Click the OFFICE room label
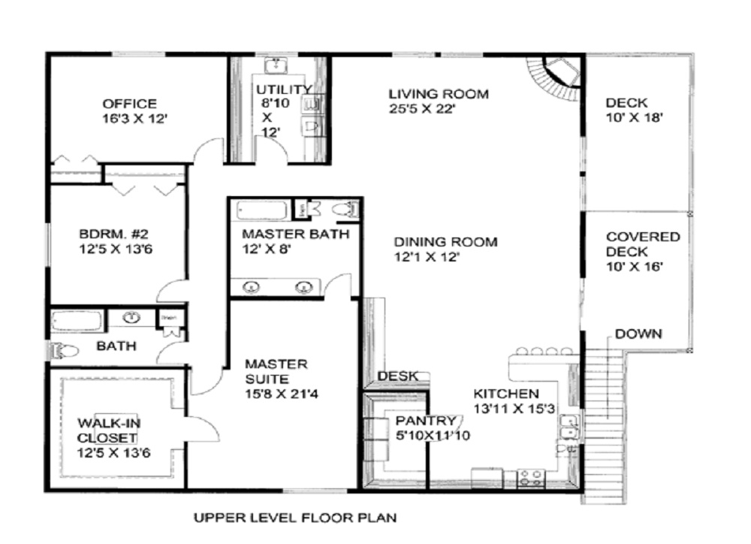pos(129,104)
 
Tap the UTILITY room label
pos(284,89)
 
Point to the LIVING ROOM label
pos(439,94)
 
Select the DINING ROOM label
pos(445,242)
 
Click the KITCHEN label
pos(506,394)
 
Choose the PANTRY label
pos(426,421)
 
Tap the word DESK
pos(397,376)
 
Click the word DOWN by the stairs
pos(638,334)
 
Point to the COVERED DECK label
pos(643,244)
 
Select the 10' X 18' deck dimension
pos(634,117)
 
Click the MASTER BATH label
pos(295,234)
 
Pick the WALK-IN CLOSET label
pos(109,431)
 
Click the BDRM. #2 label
pos(113,234)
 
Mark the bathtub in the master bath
pos(262,210)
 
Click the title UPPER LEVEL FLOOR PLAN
pos(295,518)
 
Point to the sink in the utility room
pos(276,65)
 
